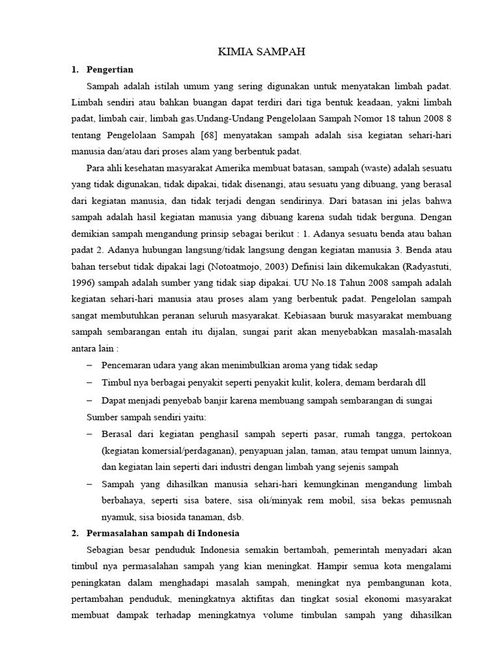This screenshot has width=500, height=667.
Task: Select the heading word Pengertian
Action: (110, 68)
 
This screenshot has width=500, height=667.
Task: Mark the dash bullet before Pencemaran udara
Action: (89, 365)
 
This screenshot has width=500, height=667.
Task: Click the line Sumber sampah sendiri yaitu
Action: (146, 417)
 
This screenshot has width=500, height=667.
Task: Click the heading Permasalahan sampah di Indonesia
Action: (163, 533)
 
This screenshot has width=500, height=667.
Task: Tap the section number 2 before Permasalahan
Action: (74, 533)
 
